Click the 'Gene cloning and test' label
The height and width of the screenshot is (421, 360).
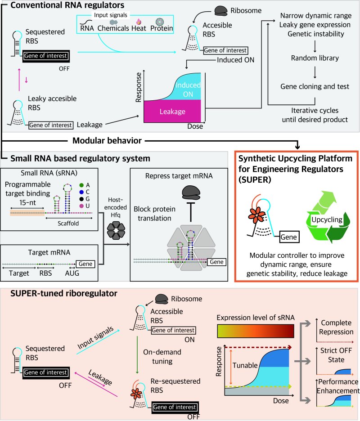click(307, 86)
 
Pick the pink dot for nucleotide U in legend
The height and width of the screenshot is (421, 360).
click(80, 206)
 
